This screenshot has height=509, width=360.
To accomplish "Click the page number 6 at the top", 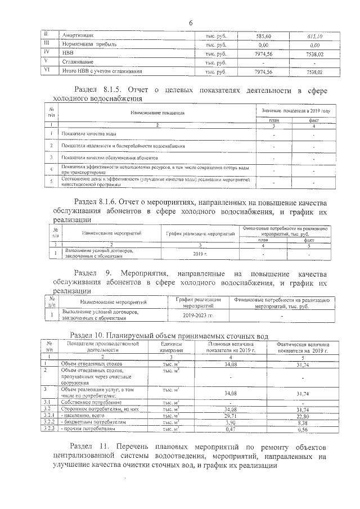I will point(191,23).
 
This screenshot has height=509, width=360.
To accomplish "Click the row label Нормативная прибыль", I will point(85,44).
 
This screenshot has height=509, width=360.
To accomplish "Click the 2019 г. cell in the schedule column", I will point(201,254).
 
